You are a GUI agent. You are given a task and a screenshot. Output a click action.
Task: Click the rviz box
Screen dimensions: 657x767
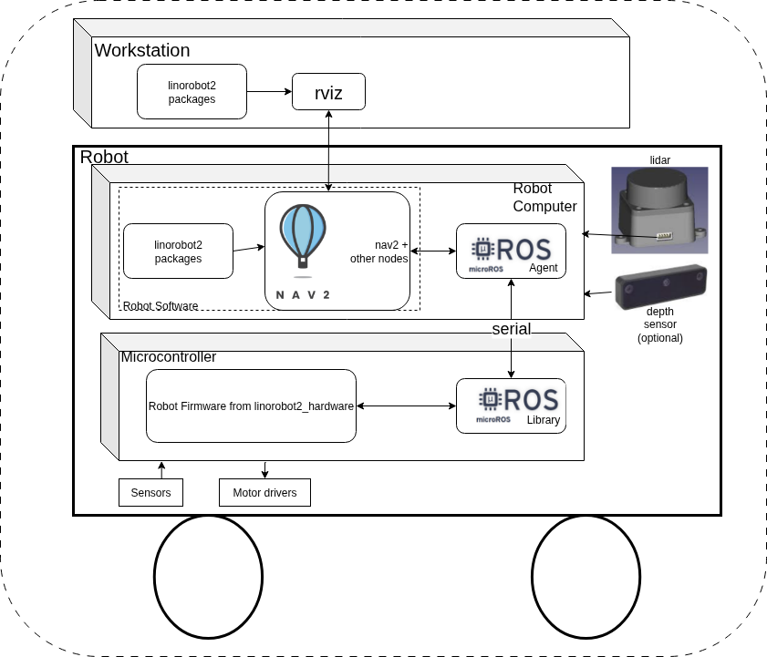(x=328, y=92)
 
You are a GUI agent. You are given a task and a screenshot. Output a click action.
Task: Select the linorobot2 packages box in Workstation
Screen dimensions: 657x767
(x=192, y=92)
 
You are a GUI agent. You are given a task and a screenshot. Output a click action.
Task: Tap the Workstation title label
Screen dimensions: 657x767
(x=142, y=50)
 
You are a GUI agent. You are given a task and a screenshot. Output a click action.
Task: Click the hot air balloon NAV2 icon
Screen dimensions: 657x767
(x=303, y=237)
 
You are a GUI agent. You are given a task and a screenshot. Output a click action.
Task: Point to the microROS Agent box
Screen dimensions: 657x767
(x=511, y=251)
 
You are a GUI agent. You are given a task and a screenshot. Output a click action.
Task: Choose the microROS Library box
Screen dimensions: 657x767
(x=511, y=405)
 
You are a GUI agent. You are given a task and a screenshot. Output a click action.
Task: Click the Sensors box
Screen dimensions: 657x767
(x=150, y=493)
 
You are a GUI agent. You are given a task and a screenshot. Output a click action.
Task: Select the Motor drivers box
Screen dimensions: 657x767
(x=264, y=493)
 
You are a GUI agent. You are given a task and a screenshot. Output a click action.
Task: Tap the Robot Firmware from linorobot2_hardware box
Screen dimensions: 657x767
(x=251, y=406)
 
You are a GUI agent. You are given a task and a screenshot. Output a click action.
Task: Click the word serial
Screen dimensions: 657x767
(x=511, y=329)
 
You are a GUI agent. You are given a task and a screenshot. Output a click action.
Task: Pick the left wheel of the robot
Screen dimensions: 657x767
(x=208, y=577)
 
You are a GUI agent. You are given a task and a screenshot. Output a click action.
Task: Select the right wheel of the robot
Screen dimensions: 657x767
(x=586, y=577)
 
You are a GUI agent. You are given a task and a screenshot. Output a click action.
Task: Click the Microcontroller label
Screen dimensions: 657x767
(x=169, y=357)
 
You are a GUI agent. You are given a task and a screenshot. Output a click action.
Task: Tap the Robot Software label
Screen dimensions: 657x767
(x=161, y=306)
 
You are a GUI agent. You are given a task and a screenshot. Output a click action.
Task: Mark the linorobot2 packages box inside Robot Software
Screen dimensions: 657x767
(x=178, y=252)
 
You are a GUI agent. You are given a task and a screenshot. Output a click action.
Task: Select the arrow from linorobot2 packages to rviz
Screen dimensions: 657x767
(x=269, y=91)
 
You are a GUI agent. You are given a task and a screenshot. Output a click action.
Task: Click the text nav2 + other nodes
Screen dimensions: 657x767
(x=378, y=252)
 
